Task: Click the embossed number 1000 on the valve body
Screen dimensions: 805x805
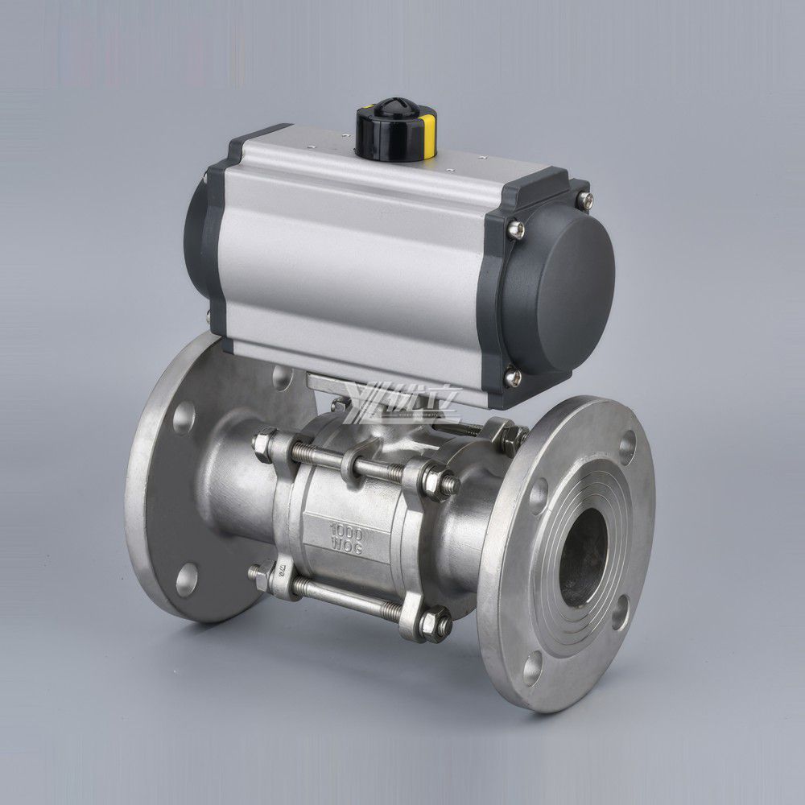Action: coord(348,532)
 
